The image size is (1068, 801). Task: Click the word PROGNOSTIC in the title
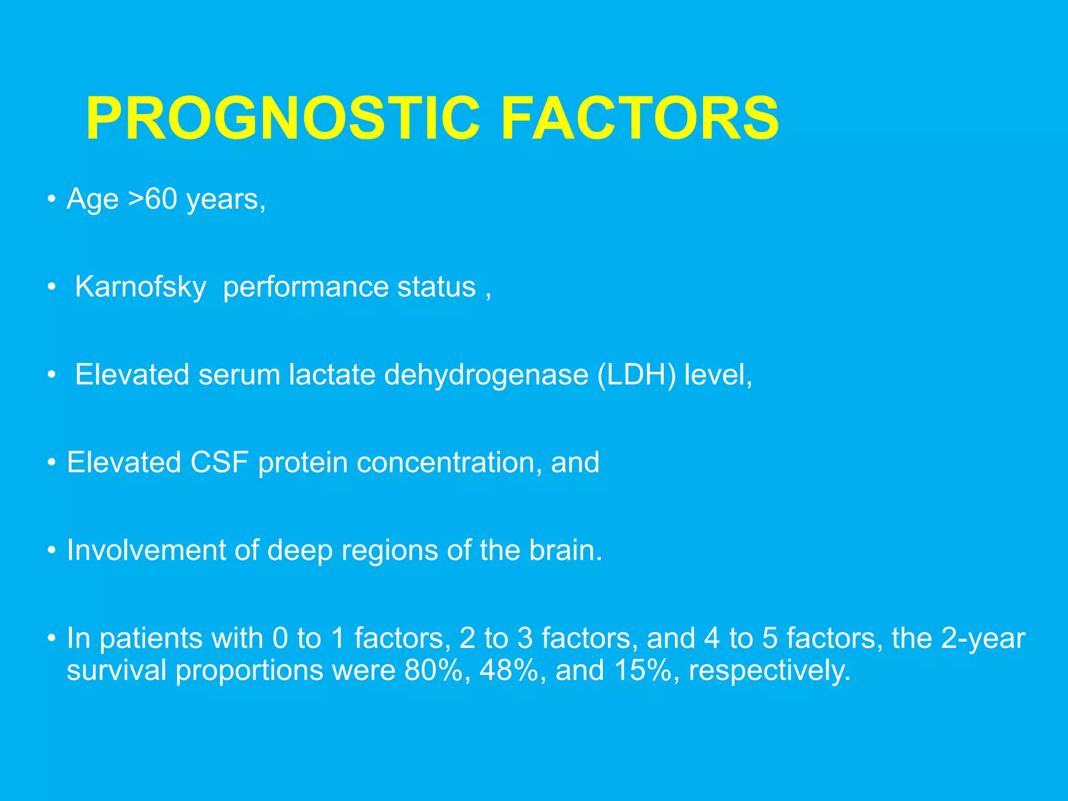(283, 119)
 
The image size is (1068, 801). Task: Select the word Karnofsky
(140, 287)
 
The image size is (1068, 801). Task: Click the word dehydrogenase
(486, 375)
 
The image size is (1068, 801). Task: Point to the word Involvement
(146, 551)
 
